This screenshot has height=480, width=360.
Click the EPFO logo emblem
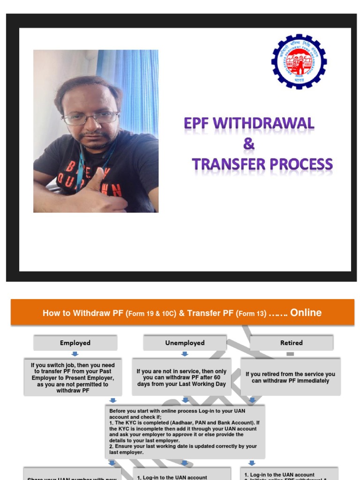tap(299, 61)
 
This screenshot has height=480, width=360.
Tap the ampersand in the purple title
tap(249, 144)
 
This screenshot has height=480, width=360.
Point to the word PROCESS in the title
tap(300, 165)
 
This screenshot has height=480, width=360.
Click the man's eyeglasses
tap(90, 118)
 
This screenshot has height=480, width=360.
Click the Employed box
tap(75, 343)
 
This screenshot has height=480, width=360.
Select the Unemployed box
tap(185, 343)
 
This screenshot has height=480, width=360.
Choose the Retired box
tap(291, 343)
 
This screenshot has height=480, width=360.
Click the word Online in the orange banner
tap(306, 313)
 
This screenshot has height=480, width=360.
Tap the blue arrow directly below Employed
tap(75, 354)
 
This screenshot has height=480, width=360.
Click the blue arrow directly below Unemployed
tap(185, 354)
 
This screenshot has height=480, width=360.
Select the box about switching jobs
tap(73, 377)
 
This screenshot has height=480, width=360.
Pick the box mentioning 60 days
tap(182, 377)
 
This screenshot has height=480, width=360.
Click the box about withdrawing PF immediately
tap(290, 377)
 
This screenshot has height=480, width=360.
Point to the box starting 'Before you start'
tap(185, 432)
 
